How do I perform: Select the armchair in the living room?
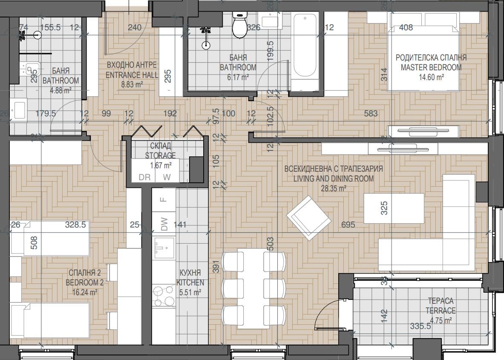[309, 217]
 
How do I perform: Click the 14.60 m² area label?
[431, 77]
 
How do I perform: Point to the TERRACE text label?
[440, 311]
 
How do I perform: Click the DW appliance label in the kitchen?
[164, 224]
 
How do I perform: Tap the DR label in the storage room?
[144, 177]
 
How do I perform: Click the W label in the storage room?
[167, 177]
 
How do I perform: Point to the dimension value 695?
[348, 225]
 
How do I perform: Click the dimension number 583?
[371, 113]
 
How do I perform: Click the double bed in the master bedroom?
[423, 58]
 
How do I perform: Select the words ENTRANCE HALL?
[131, 75]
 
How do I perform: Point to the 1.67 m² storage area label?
[161, 165]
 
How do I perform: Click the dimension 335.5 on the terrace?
[420, 327]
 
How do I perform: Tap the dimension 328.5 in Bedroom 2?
[76, 225]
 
